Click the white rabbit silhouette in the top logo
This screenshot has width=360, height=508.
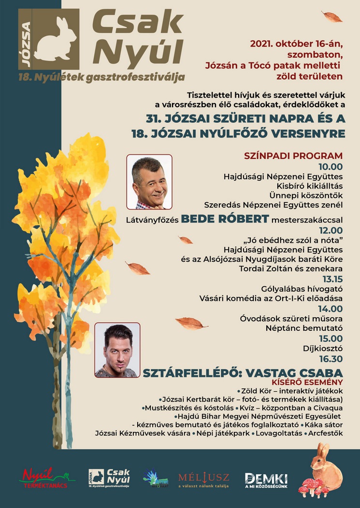click(55, 39)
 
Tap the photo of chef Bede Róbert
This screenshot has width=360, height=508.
click(149, 182)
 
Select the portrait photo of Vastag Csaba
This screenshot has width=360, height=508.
click(117, 350)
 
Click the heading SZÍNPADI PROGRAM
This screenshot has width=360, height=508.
click(294, 155)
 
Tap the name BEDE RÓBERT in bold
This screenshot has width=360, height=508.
click(225, 219)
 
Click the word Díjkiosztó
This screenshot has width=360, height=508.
click(324, 349)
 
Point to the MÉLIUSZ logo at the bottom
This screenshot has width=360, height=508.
click(203, 480)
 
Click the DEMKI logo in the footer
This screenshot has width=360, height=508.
click(266, 479)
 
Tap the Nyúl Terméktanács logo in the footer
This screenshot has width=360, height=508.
click(47, 478)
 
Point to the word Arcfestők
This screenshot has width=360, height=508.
click(326, 433)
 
